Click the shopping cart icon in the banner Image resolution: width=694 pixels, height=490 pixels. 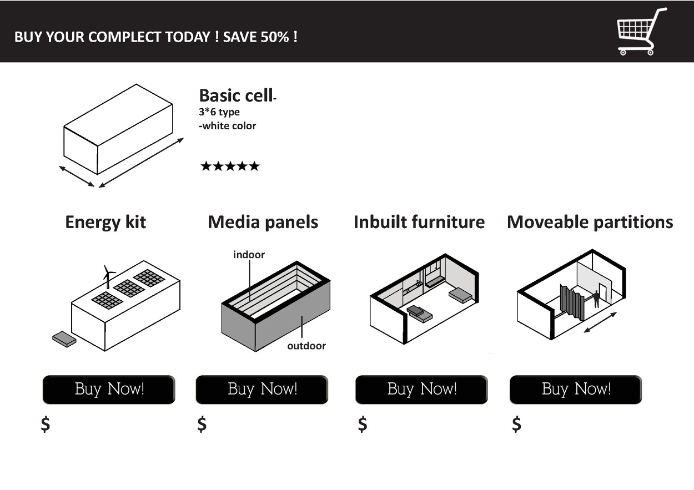click(x=641, y=32)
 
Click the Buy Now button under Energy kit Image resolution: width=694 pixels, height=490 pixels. click(x=109, y=390)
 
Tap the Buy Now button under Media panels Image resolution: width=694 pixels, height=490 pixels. click(x=262, y=390)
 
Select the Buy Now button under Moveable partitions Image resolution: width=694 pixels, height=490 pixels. click(x=576, y=390)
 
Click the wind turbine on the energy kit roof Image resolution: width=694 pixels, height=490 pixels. click(x=108, y=274)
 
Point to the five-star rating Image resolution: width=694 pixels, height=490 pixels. click(x=230, y=166)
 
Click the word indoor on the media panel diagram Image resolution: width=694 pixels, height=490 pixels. click(x=249, y=255)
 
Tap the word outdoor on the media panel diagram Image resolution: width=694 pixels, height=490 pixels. click(x=306, y=346)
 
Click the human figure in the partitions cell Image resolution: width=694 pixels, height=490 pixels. click(x=597, y=299)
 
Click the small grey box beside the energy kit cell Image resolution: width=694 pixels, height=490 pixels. click(x=64, y=339)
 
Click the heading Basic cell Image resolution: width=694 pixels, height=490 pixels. click(x=235, y=95)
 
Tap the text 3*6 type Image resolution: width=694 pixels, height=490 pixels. click(x=219, y=112)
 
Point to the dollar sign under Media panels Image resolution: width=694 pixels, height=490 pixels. click(x=202, y=424)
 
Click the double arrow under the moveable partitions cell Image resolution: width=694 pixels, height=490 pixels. click(x=600, y=322)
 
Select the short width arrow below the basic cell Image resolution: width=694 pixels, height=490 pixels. click(x=77, y=176)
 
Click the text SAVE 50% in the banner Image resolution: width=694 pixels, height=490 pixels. click(x=260, y=37)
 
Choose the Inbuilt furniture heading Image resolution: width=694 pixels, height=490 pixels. click(x=419, y=222)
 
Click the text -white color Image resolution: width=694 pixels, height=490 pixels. click(x=228, y=126)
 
